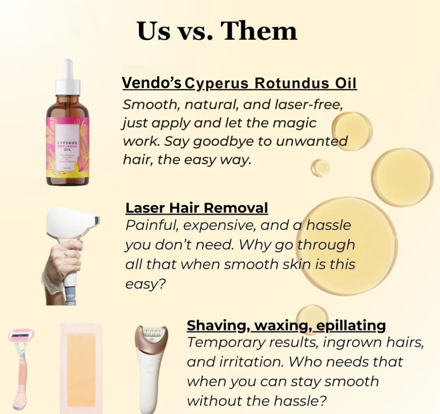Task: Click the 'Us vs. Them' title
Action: [x=217, y=30]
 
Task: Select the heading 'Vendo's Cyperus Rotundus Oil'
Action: [x=239, y=83]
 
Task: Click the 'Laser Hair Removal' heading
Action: [x=197, y=207]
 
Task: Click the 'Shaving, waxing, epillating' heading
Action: [x=286, y=325]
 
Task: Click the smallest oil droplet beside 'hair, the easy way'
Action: [x=320, y=168]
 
